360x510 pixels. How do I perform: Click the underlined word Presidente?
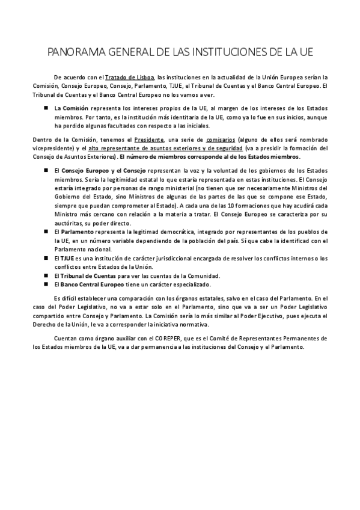coord(150,140)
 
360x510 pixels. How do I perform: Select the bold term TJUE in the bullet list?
coord(69,258)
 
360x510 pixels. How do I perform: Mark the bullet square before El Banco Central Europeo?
coord(46,284)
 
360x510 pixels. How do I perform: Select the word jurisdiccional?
coord(169,258)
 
